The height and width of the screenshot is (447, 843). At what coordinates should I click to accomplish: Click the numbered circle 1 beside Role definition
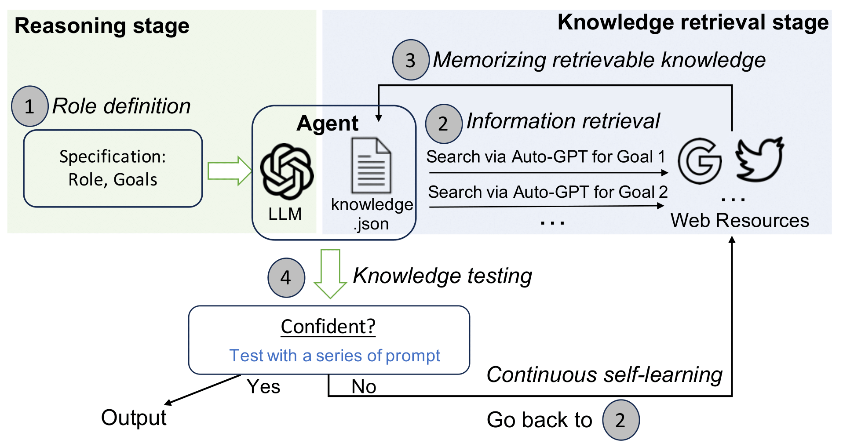29,106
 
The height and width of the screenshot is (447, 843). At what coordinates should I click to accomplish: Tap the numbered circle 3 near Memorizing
410,60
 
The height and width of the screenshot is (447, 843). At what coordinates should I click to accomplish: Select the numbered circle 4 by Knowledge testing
286,278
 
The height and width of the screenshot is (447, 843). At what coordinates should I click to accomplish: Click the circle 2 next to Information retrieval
443,124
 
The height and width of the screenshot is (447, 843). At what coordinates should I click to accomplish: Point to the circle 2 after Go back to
620,420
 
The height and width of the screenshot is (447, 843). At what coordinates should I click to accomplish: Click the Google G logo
699,160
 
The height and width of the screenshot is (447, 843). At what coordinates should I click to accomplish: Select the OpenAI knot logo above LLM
286,171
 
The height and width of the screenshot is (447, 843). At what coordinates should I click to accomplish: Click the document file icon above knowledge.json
371,166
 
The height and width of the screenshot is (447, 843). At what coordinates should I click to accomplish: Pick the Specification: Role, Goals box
113,168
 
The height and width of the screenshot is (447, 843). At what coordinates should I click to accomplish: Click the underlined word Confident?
328,327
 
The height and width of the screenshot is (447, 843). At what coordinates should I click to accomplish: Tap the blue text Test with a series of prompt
335,355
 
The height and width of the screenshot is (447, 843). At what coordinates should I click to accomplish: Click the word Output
134,418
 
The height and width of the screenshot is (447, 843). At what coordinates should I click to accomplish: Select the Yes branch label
263,387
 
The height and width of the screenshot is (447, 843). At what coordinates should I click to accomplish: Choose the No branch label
364,387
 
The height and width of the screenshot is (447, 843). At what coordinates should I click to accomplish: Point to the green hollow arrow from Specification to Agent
229,171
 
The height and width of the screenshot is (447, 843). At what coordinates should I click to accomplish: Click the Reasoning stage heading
102,25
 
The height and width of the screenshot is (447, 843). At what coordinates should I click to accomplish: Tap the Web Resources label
740,220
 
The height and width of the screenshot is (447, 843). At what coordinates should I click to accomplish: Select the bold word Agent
328,123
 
